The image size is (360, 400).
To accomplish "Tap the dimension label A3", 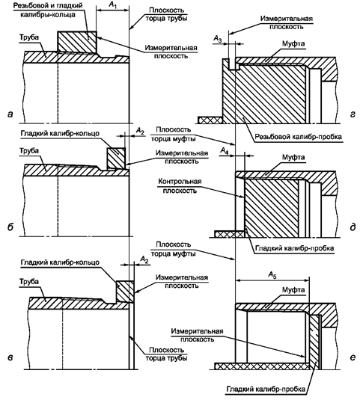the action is [217, 39].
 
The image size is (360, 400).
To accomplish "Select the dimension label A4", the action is [224, 151].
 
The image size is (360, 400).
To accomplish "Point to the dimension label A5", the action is [272, 275].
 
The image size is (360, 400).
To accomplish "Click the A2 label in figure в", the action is [144, 259].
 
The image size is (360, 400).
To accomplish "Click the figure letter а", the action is [10, 114].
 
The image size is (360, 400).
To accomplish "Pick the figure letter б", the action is [10, 227].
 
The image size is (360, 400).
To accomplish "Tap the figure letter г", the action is [353, 114].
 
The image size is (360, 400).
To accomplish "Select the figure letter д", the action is [353, 227].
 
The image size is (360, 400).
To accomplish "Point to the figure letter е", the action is [353, 357].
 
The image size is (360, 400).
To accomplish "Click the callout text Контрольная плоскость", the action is [180, 186].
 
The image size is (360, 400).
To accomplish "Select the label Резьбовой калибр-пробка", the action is [299, 137].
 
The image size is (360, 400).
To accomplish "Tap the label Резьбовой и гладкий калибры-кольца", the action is [48, 10].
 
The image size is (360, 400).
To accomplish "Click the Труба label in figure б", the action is [29, 150].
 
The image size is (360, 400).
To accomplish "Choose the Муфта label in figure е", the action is [293, 290].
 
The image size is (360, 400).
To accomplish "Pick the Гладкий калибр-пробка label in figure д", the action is [295, 248].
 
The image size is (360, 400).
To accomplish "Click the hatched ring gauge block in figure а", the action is [77, 42].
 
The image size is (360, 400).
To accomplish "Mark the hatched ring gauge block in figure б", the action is [116, 159].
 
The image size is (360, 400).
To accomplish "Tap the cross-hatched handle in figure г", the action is [210, 120].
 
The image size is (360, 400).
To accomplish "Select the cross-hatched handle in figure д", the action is [230, 234].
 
